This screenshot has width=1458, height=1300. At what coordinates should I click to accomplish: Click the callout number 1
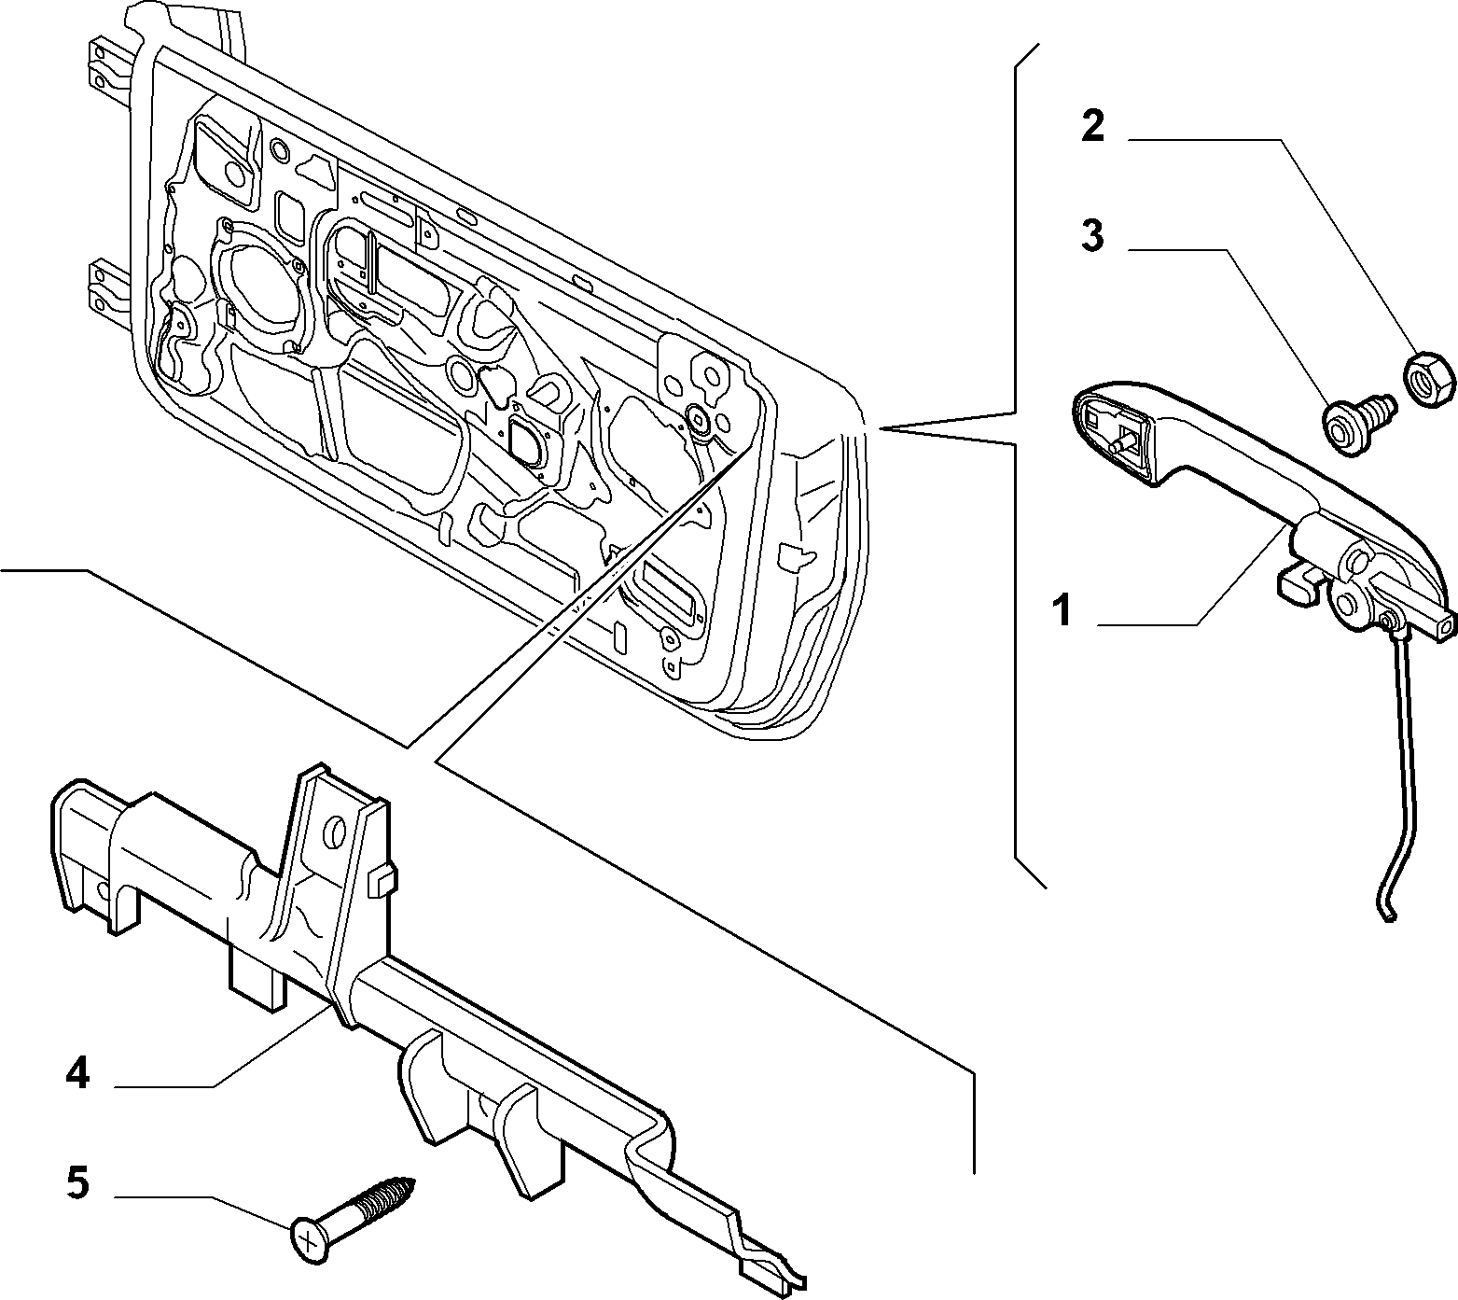[1062, 613]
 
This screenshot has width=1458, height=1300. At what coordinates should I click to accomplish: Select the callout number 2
[1092, 126]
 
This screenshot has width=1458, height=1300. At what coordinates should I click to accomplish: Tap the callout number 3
[1092, 236]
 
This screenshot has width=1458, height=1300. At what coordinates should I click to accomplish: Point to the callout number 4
[78, 1073]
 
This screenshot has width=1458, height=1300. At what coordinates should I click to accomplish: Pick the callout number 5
[78, 1183]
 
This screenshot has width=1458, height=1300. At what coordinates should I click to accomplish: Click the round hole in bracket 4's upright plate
[336, 832]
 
